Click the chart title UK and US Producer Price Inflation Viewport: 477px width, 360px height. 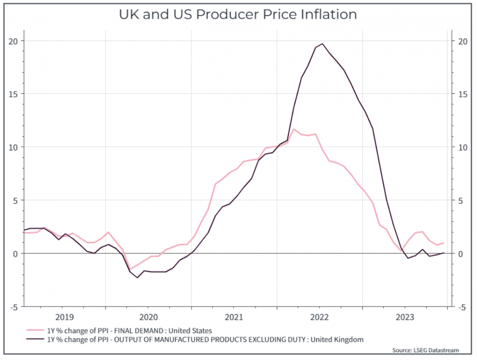238,15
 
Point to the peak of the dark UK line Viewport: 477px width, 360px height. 322,44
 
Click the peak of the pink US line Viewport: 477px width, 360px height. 294,129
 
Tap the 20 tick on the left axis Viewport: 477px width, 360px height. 15,41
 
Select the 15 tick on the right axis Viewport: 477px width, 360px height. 462,94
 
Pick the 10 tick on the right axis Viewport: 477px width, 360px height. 462,147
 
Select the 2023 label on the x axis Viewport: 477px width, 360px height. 405,317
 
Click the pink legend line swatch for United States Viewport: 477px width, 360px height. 36,330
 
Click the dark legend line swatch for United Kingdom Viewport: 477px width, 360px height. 36,339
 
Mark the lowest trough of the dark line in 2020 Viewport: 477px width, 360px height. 138,278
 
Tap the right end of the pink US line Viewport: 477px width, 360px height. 443,243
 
